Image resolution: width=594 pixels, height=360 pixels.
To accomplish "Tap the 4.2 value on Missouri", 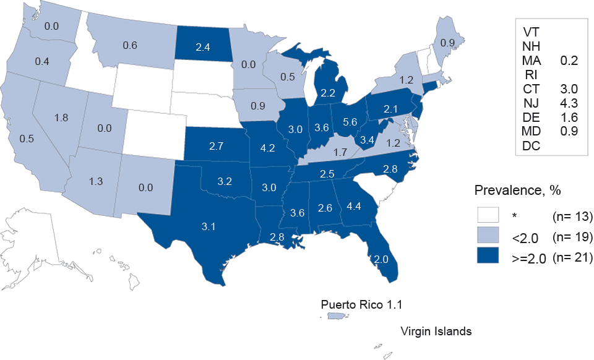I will tap(267, 148).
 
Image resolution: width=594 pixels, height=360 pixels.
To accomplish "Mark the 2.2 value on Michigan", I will tap(328, 93).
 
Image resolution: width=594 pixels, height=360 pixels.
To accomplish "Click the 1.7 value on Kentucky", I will tap(339, 151).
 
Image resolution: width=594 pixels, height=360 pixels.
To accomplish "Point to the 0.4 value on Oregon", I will tap(42, 62).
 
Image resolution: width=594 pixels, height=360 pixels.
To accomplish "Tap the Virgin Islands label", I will tap(436, 331).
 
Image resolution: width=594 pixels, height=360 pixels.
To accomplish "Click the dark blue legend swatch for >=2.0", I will tap(488, 259).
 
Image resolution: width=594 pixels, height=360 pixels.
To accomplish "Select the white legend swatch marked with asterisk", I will tap(488, 216).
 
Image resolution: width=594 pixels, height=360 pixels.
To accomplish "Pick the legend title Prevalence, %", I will tap(510, 191).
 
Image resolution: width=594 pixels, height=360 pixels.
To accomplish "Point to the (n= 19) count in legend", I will tap(572, 238).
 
